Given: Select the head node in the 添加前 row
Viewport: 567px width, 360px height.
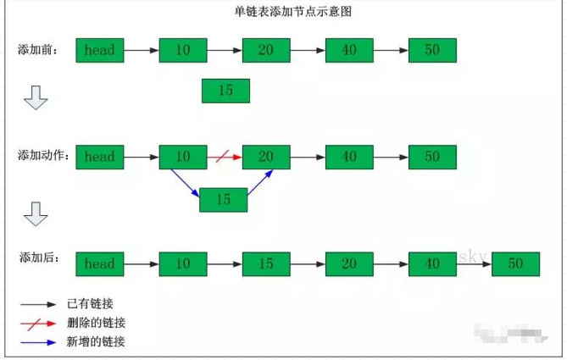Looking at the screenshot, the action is (99, 50).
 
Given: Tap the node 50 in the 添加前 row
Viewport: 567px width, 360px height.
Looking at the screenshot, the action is (432, 50).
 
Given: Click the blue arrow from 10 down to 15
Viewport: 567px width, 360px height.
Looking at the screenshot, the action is (186, 182).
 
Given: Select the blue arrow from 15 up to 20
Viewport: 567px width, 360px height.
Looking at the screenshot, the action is (260, 182).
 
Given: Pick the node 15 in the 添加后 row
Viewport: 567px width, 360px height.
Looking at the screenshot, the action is (266, 263).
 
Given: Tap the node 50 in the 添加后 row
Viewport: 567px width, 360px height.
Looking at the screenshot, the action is (515, 263).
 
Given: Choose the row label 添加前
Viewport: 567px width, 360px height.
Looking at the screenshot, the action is (38, 50).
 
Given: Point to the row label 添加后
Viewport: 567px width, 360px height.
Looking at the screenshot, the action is (38, 258).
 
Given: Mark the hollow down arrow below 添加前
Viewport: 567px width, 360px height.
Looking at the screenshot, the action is (35, 98).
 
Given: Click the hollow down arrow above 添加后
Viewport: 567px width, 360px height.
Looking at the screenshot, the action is (35, 214).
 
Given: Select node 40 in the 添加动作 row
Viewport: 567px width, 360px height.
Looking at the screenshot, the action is (349, 157).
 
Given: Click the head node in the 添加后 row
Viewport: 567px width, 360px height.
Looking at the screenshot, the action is (99, 263).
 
